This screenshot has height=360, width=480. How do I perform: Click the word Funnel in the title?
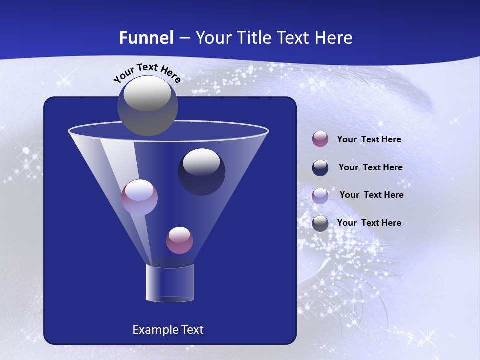click(146, 38)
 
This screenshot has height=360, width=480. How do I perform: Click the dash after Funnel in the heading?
click(184, 38)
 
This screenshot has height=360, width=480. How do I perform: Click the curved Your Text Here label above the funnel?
click(147, 73)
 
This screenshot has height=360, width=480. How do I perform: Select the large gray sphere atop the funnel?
click(147, 105)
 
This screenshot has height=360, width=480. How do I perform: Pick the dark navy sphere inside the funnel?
click(201, 171)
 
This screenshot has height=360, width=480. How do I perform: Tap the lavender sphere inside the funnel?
click(139, 197)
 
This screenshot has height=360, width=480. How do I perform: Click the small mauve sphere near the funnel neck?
click(179, 240)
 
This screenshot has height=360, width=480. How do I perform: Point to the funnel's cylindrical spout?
click(170, 283)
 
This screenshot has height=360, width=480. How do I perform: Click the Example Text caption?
click(168, 330)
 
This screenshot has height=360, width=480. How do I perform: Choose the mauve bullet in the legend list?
click(320, 139)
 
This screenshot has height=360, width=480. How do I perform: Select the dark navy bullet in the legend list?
click(320, 167)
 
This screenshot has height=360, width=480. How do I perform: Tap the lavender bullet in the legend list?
click(320, 195)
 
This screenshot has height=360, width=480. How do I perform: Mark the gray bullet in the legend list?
click(320, 223)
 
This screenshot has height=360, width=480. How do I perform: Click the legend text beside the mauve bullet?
click(369, 139)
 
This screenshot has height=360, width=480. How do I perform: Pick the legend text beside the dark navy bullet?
click(370, 167)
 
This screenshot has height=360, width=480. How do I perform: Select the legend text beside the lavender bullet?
click(371, 195)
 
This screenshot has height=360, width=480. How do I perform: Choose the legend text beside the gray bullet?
click(369, 223)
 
